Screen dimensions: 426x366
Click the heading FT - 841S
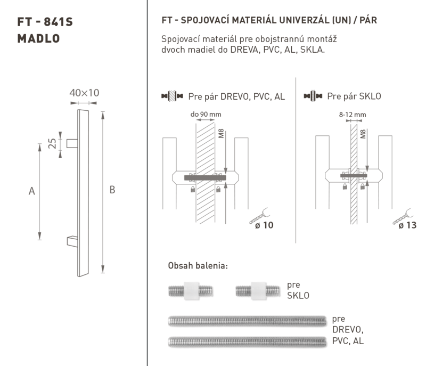tap(45, 22)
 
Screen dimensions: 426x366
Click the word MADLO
tap(38, 38)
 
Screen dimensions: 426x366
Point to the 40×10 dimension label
tap(84, 93)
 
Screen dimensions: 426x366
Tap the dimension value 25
tap(52, 143)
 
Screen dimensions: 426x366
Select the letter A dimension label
tap(32, 191)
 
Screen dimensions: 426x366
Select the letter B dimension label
tap(112, 190)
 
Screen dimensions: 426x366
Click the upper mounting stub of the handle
tap(72, 143)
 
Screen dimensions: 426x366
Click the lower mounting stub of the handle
tap(72, 241)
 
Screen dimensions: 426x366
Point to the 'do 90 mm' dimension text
tap(206, 115)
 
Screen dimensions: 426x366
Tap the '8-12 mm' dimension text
tap(353, 115)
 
